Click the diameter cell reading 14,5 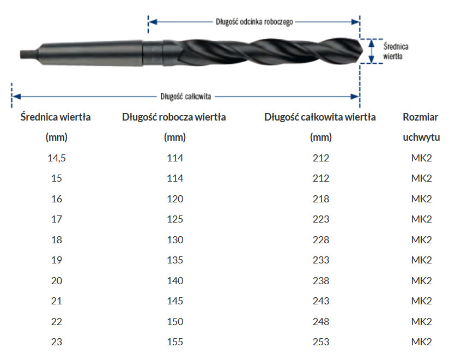57,158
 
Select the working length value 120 175,199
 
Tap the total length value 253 321,342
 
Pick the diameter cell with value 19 57,260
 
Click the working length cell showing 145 175,301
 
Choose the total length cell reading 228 321,240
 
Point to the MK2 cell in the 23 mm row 421,342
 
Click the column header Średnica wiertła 56,117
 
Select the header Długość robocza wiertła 174,117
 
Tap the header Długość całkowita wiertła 320,117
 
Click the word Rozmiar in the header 421,117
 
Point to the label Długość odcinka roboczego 254,22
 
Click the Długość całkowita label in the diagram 186,97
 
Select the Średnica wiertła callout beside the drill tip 396,51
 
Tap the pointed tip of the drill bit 362,51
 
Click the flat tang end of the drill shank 21,55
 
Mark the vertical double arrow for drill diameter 371,51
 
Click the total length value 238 321,281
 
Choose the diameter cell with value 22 57,322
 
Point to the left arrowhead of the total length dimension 16,97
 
